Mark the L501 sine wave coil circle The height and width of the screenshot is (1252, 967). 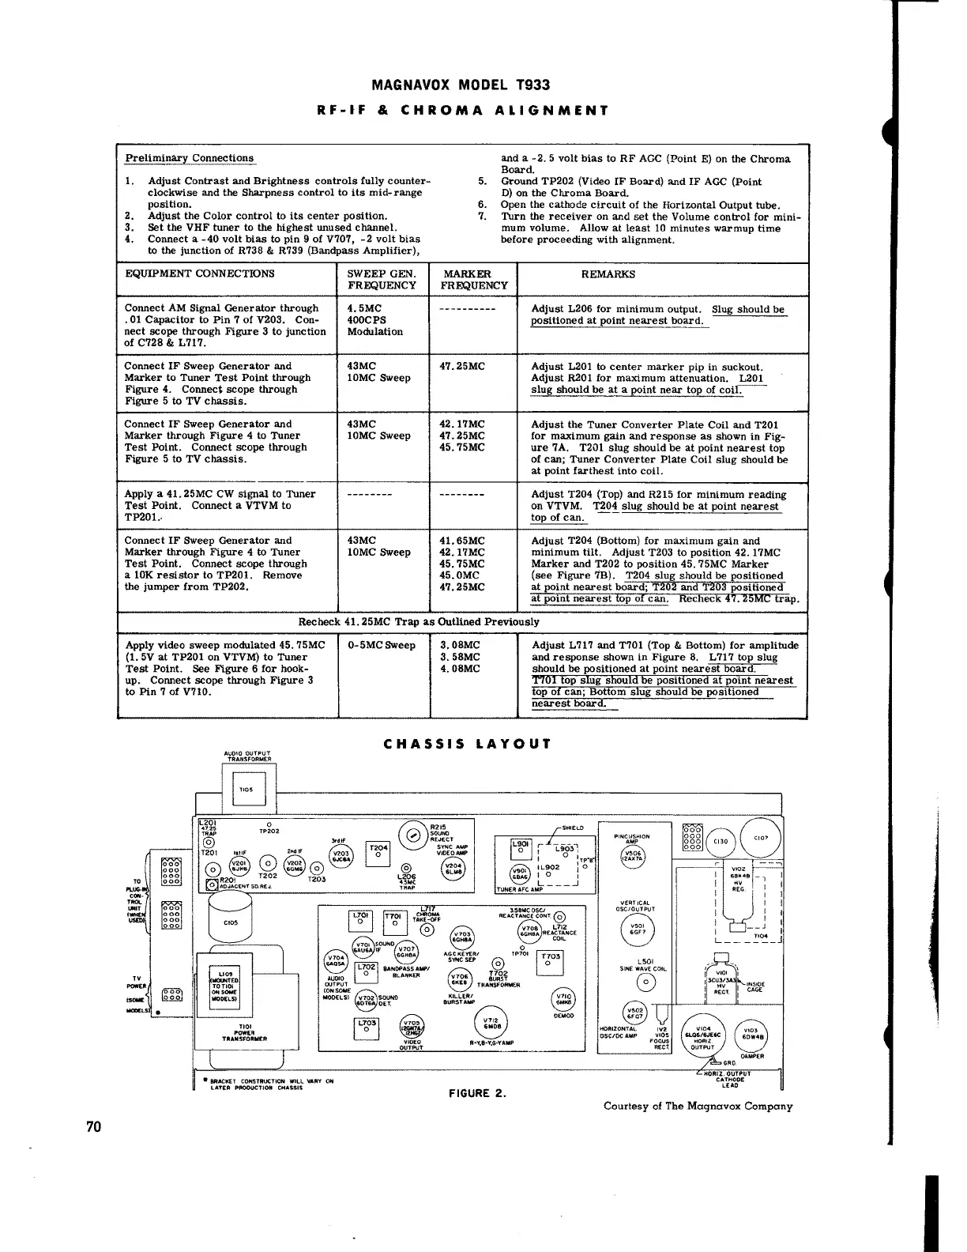coord(645,982)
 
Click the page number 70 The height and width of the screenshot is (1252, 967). coord(93,1127)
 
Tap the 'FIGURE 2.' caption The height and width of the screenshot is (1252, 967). coord(476,1093)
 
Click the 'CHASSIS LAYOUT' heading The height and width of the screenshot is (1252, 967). coord(466,744)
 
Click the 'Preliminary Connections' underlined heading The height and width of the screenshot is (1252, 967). coord(190,158)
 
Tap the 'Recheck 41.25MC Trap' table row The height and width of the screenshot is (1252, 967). coord(419,621)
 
